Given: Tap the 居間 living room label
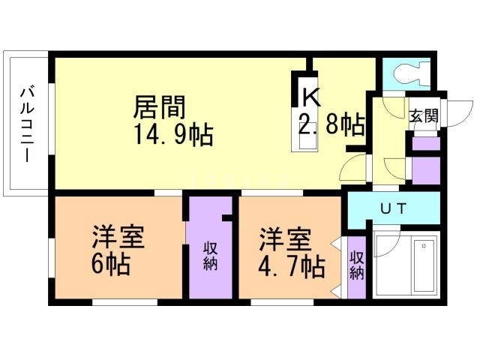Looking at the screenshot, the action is click(160, 107).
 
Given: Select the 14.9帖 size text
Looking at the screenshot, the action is click(173, 134).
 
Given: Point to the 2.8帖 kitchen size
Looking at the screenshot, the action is click(331, 124).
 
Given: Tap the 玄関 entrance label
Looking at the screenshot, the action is click(424, 116).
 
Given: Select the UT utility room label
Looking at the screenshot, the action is click(393, 208).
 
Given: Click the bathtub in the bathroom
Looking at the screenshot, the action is click(424, 265).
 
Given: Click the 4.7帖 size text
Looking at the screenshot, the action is click(291, 266).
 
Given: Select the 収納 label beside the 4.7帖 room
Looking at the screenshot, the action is click(357, 265).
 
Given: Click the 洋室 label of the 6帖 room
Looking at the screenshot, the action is click(118, 237).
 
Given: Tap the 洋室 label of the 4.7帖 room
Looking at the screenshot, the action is click(285, 239).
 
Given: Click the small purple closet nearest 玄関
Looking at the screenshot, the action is click(426, 144).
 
